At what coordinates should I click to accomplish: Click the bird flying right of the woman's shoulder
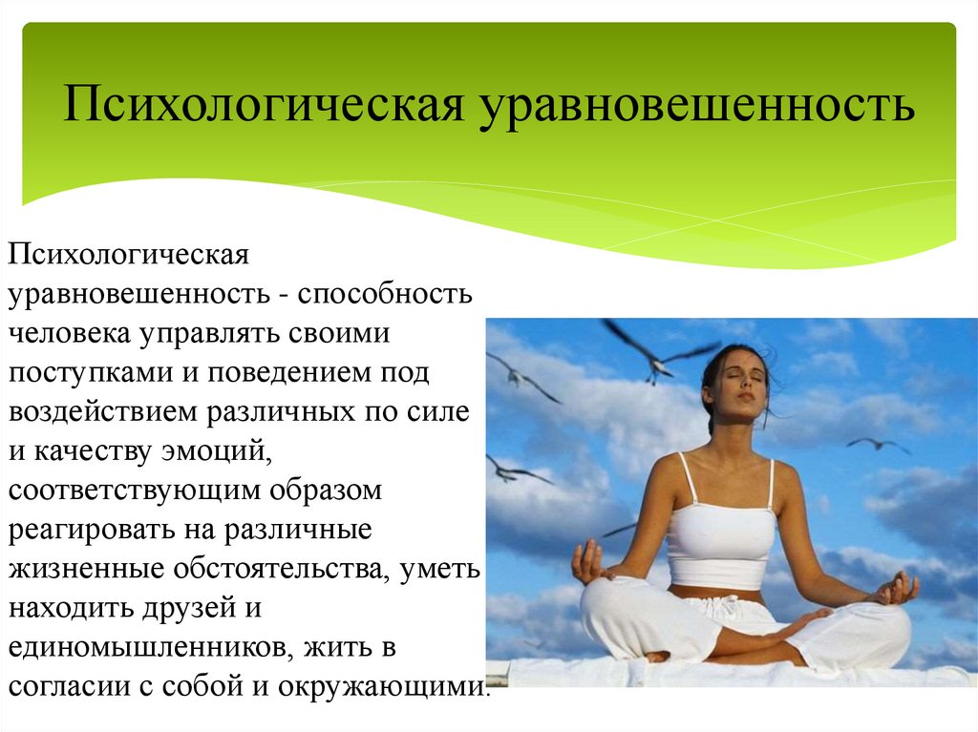point(877,445)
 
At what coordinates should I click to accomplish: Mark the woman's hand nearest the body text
point(587,562)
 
